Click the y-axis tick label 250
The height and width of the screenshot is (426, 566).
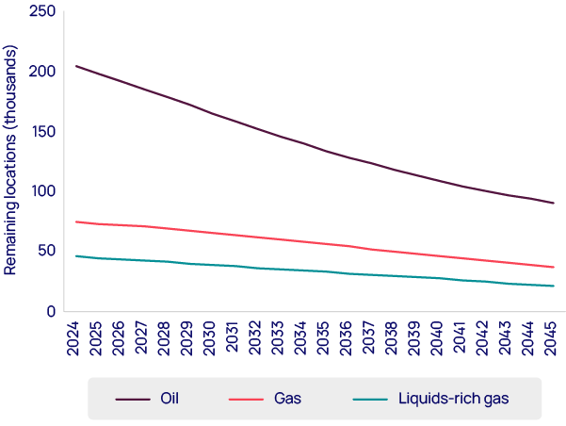[43, 10]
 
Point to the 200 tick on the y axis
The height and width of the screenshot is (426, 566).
[43, 71]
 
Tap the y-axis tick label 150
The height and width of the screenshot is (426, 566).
[43, 131]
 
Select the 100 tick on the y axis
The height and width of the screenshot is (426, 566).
[43, 191]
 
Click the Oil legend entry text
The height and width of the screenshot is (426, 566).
[170, 399]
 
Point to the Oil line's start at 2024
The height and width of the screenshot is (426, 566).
[75, 66]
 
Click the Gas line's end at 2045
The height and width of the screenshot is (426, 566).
[553, 268]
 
